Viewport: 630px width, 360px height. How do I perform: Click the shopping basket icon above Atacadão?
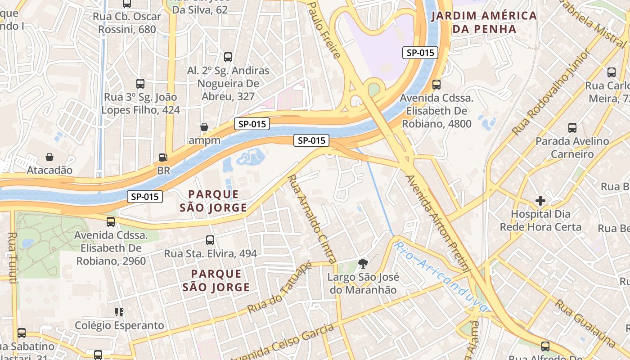click(49, 157)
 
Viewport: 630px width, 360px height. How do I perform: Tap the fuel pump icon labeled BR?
click(163, 157)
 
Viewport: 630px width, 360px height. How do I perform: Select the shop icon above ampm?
click(204, 127)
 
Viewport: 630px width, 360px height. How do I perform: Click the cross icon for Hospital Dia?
click(540, 200)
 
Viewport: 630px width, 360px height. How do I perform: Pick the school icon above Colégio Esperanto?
click(119, 312)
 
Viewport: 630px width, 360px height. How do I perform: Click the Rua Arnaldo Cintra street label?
click(312, 219)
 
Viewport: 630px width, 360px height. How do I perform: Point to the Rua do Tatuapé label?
click(279, 288)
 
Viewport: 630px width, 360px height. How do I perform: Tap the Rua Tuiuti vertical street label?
click(12, 257)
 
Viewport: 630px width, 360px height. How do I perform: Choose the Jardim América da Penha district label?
click(484, 22)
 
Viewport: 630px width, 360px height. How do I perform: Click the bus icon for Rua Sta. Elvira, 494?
click(210, 240)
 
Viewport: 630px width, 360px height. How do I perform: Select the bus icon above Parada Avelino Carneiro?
click(572, 128)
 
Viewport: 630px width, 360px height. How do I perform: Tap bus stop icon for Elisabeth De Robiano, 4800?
click(436, 85)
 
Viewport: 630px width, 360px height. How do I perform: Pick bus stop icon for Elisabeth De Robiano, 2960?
click(111, 222)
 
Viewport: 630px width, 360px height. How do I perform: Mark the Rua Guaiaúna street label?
click(585, 323)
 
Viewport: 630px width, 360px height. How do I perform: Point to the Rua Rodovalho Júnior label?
click(551, 93)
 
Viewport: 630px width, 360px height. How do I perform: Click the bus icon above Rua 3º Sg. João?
click(140, 84)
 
